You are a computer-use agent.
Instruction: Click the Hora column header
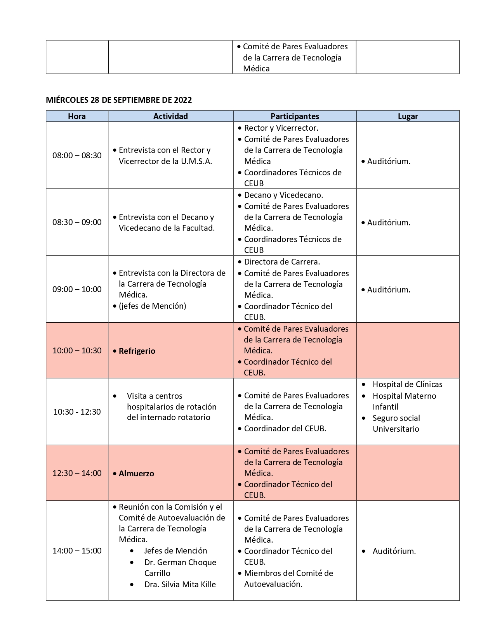point(77,116)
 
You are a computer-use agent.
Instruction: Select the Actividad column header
point(170,116)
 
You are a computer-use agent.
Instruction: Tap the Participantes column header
point(295,116)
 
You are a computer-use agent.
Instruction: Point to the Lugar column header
point(408,116)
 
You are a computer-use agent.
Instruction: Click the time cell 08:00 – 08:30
point(77,156)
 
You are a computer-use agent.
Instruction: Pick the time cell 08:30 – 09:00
point(77,222)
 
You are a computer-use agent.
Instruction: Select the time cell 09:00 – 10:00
point(77,289)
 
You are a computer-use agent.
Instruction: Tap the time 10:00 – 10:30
point(77,351)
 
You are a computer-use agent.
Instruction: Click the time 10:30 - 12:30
point(77,412)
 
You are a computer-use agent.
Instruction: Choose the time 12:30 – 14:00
point(77,473)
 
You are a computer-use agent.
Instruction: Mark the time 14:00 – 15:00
point(77,551)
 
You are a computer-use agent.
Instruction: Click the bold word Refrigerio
point(137,351)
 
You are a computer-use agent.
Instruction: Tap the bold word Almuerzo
point(136,474)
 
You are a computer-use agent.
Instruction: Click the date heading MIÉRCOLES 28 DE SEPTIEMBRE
point(119,100)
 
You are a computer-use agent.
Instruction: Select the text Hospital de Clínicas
point(407,384)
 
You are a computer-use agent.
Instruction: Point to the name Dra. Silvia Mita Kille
point(180,585)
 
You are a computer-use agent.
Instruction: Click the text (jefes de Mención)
point(152,306)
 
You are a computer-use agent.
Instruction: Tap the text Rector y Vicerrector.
point(281,128)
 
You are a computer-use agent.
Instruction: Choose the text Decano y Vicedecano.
point(283,195)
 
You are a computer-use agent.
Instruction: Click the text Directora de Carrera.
point(282,262)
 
